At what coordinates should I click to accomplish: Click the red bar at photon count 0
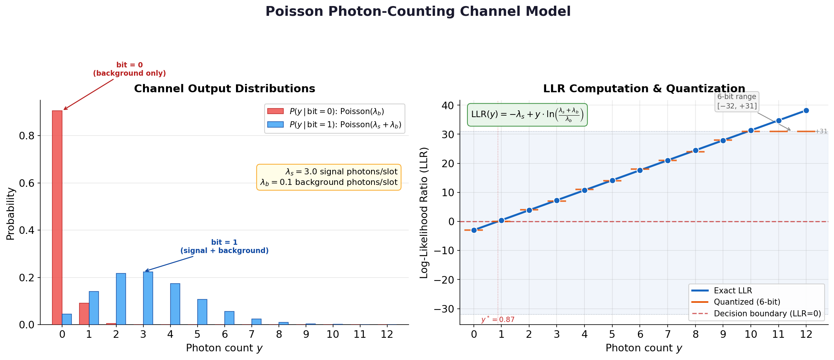tap(57, 217)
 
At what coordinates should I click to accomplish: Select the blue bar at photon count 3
tap(148, 298)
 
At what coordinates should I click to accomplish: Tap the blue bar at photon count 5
tap(202, 312)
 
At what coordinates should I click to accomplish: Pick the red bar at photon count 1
tap(84, 314)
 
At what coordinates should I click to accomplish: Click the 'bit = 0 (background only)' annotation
tap(129, 69)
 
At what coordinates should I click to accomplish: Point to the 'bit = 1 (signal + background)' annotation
tap(224, 247)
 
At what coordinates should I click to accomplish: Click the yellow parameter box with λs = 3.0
tap(329, 177)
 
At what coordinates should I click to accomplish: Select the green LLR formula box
tap(527, 115)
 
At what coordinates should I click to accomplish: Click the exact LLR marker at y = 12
tap(806, 111)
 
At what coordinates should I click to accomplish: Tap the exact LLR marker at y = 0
tap(474, 230)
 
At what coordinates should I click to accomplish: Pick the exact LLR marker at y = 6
tap(640, 170)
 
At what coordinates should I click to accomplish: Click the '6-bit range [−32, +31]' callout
tap(737, 101)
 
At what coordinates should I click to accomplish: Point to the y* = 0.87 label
tap(498, 320)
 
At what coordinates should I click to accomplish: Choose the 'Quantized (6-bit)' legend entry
tap(747, 302)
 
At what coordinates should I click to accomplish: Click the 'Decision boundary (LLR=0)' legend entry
tap(767, 314)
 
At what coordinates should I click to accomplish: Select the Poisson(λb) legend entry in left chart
tap(336, 111)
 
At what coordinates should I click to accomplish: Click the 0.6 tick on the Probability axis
tap(26, 183)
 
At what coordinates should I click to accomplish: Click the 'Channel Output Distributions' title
tap(224, 89)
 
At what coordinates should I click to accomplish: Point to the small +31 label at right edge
tap(821, 131)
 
